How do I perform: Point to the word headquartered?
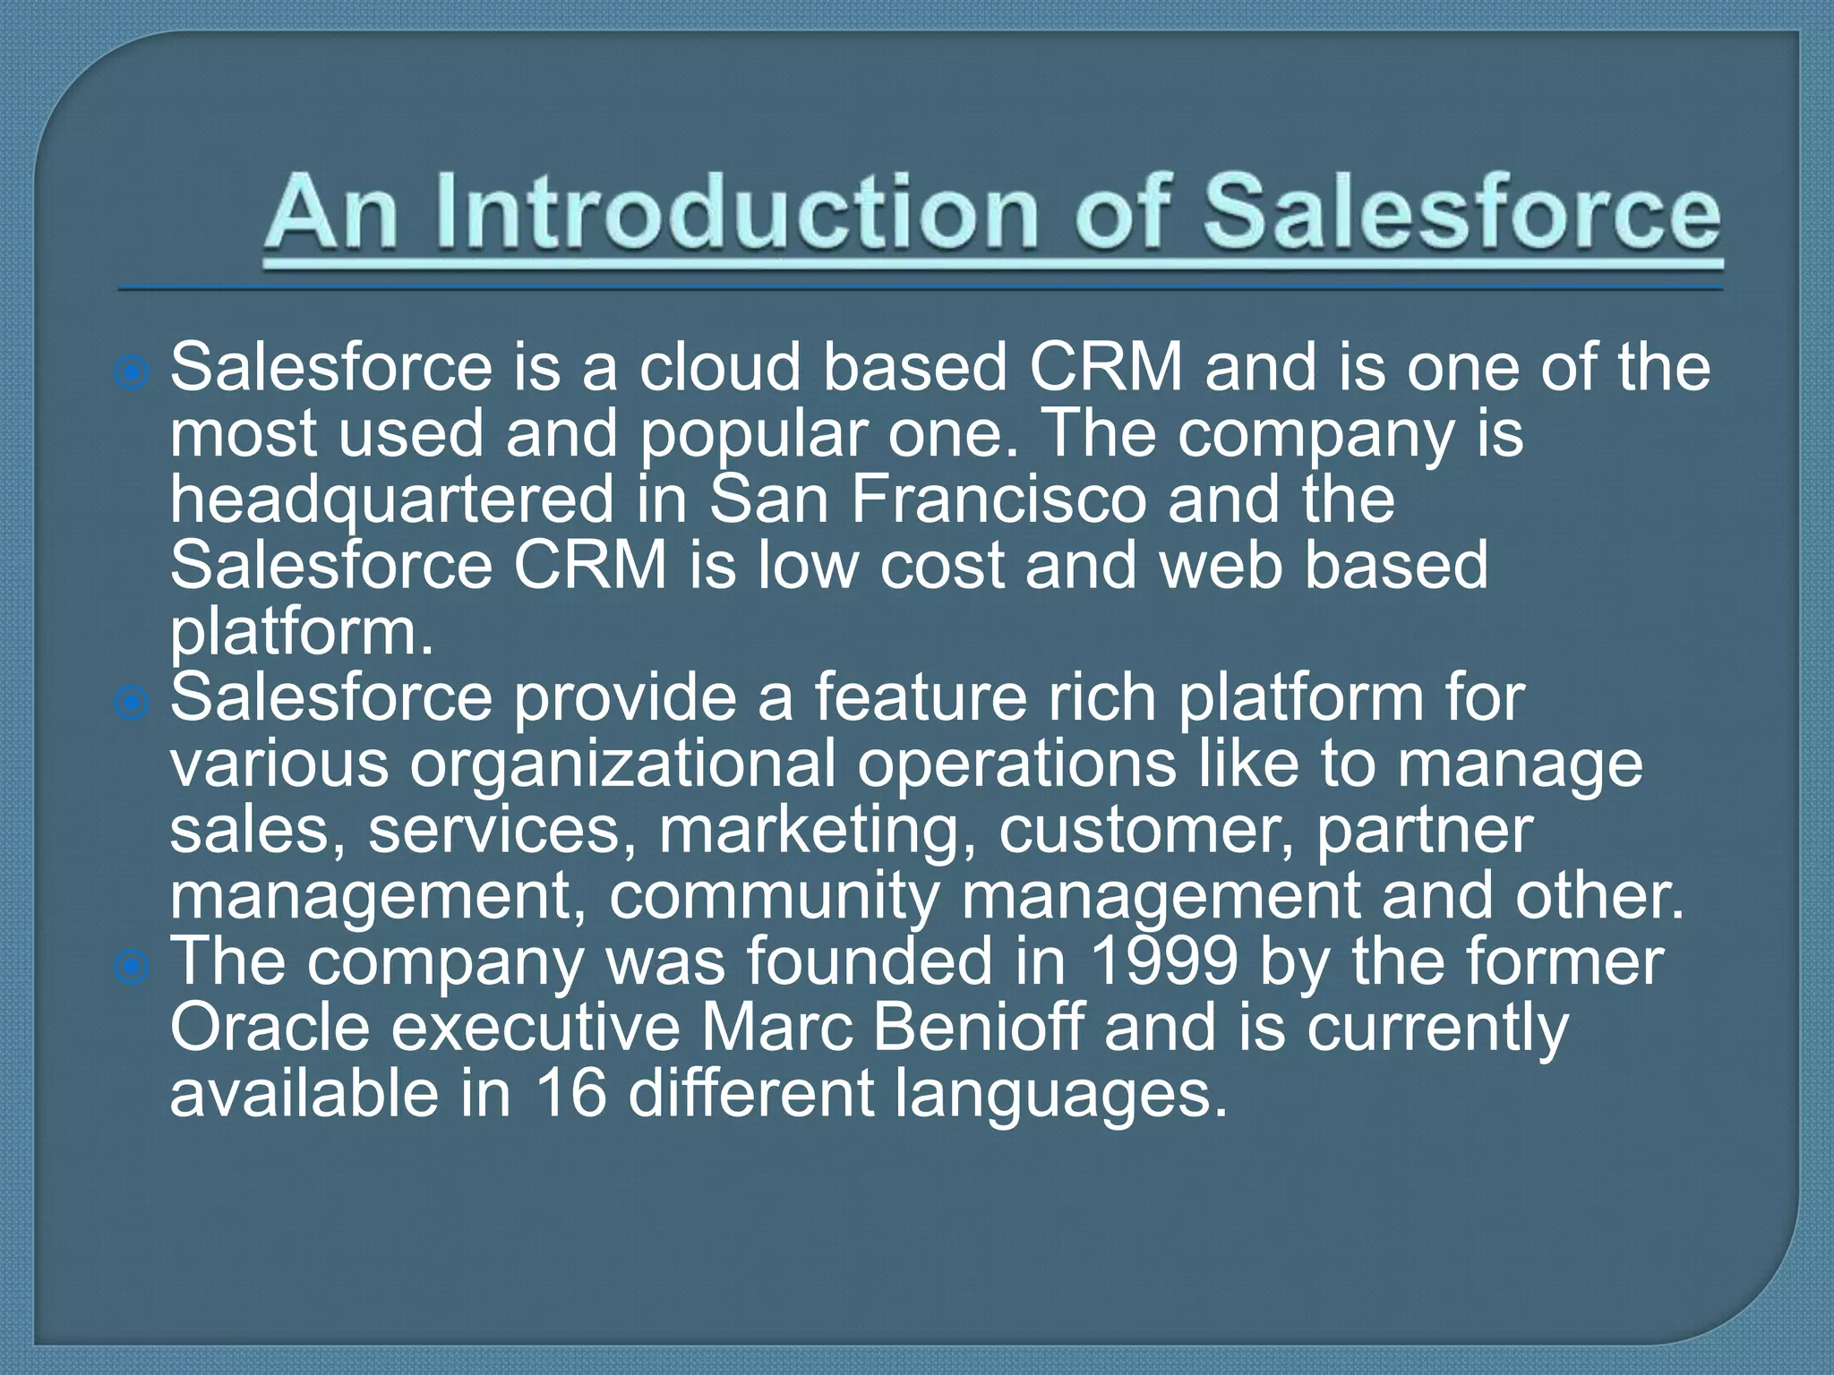(x=392, y=500)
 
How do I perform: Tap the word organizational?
(x=622, y=765)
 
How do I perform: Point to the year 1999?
(x=1164, y=962)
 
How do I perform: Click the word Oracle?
(x=270, y=1028)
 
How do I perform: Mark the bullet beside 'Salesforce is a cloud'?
(x=133, y=372)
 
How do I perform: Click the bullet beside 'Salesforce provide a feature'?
(x=133, y=703)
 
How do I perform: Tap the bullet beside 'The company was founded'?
(x=133, y=967)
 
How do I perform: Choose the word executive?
(x=536, y=1028)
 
